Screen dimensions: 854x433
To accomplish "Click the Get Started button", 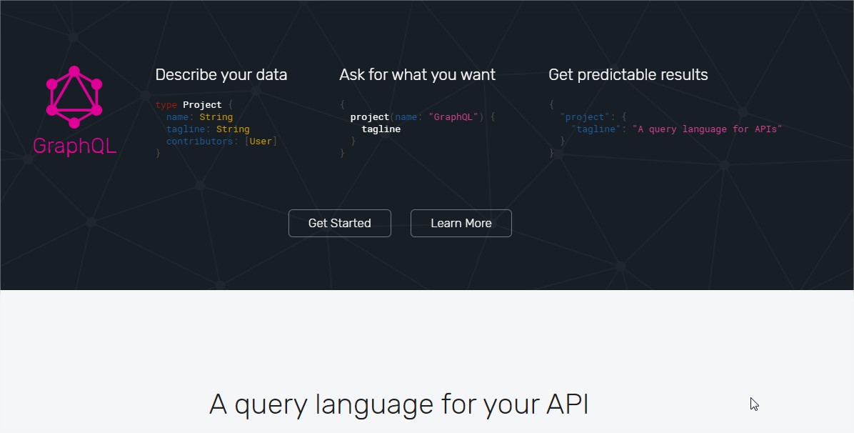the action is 339,223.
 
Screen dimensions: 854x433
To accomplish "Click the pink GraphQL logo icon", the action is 74,93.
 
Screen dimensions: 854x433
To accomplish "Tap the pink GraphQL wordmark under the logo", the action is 74,146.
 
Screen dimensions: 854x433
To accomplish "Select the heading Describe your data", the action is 221,75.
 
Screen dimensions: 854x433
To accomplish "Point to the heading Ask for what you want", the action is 417,75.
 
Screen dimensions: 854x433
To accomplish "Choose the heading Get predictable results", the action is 628,75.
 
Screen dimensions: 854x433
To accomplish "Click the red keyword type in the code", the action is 166,105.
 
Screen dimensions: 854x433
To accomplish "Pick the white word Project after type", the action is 202,105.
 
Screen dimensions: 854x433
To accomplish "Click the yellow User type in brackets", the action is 261,141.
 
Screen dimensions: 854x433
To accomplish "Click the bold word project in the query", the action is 370,117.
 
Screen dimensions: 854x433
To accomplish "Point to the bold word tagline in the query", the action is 381,129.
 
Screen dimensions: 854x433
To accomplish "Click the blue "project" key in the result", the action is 585,117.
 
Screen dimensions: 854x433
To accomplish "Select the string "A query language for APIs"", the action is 708,129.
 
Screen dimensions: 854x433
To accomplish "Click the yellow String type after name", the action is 216,117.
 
